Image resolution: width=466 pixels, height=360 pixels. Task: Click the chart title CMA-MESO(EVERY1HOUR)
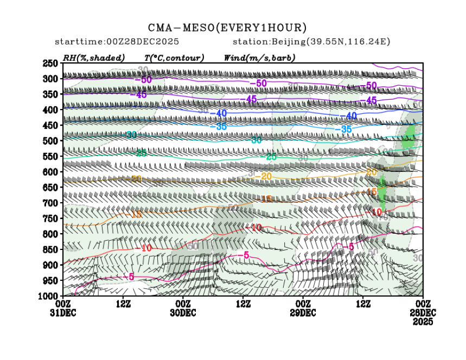[227, 28]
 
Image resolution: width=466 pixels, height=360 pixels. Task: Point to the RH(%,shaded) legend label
[94, 58]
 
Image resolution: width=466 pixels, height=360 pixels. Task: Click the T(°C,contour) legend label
[174, 58]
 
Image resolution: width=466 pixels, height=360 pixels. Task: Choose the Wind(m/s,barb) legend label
[259, 58]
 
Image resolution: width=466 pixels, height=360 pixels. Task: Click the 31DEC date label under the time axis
[63, 313]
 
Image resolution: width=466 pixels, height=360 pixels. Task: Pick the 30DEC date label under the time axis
[183, 313]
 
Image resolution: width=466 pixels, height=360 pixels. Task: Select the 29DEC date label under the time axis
[303, 313]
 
